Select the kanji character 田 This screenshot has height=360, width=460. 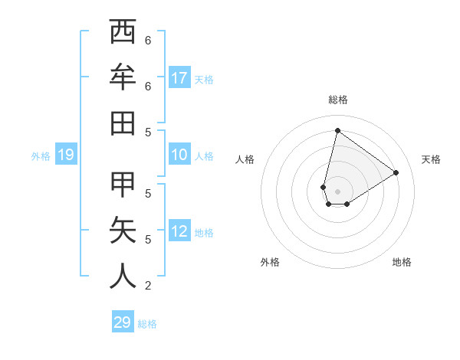point(123,123)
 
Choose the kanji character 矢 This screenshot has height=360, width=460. point(123,231)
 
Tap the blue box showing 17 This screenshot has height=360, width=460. point(179,77)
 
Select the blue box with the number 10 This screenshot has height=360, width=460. point(179,155)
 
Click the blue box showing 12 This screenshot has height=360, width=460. point(179,231)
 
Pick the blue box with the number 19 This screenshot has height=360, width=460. point(66,155)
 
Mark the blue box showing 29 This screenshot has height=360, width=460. point(123,322)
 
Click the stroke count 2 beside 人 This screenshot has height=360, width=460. point(147,286)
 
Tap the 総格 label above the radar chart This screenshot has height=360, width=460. point(337,100)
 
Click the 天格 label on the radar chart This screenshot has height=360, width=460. point(431,159)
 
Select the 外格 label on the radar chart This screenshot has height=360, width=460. point(269,262)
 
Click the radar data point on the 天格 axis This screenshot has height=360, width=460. point(396,172)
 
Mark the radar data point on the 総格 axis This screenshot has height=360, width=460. point(337,130)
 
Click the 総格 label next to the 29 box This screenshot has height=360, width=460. point(147,324)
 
